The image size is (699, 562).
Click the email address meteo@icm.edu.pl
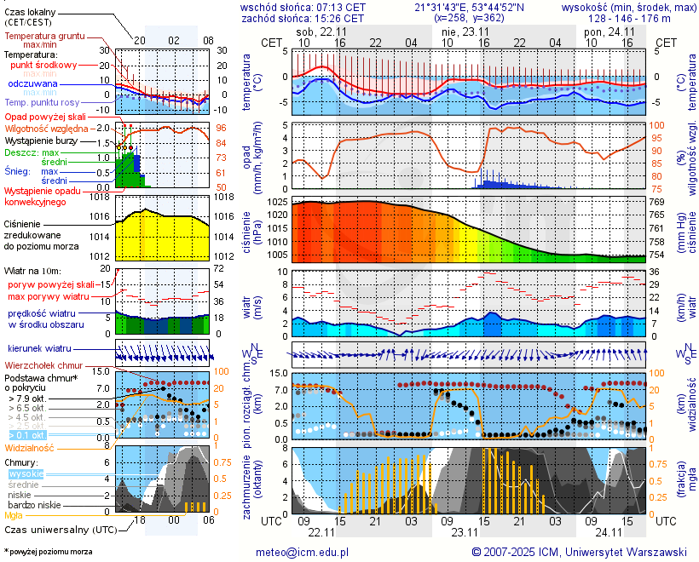(x=303, y=552)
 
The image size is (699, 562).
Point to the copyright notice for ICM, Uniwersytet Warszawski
(x=579, y=552)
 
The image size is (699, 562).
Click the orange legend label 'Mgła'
(x=14, y=515)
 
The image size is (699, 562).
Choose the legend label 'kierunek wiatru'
(x=39, y=349)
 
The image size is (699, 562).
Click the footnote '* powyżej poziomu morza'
(x=48, y=552)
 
